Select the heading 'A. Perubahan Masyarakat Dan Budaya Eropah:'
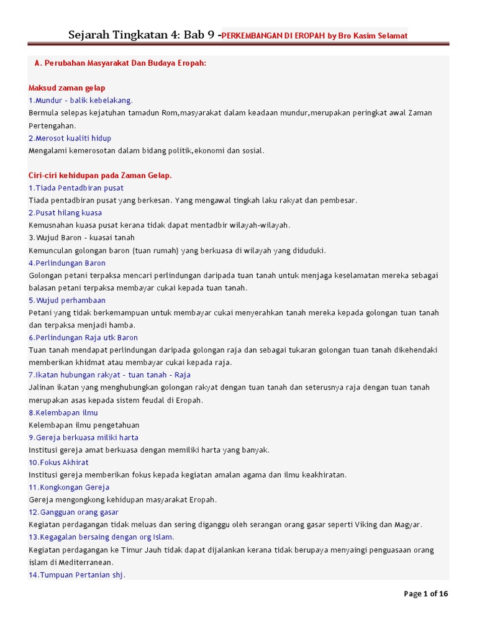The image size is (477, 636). (x=120, y=63)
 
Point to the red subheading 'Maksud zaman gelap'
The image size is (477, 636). (x=67, y=88)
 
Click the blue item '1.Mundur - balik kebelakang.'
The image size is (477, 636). (x=81, y=101)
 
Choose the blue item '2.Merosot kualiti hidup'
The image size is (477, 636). (x=70, y=138)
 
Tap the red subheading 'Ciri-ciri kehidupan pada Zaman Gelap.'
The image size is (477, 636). (x=100, y=176)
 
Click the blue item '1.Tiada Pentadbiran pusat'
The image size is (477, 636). (x=76, y=188)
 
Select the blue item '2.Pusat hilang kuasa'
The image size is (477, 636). (x=65, y=213)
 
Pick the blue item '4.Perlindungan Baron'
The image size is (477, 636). (x=67, y=263)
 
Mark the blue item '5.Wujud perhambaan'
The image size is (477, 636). (x=67, y=301)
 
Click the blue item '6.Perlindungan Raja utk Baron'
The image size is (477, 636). (x=83, y=338)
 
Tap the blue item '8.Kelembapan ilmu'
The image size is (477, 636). (x=63, y=413)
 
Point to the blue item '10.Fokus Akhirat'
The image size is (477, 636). (x=58, y=463)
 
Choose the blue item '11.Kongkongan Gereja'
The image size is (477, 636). (x=69, y=488)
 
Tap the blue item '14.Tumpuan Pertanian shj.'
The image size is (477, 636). (x=77, y=575)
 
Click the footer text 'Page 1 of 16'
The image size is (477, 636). (x=426, y=594)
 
